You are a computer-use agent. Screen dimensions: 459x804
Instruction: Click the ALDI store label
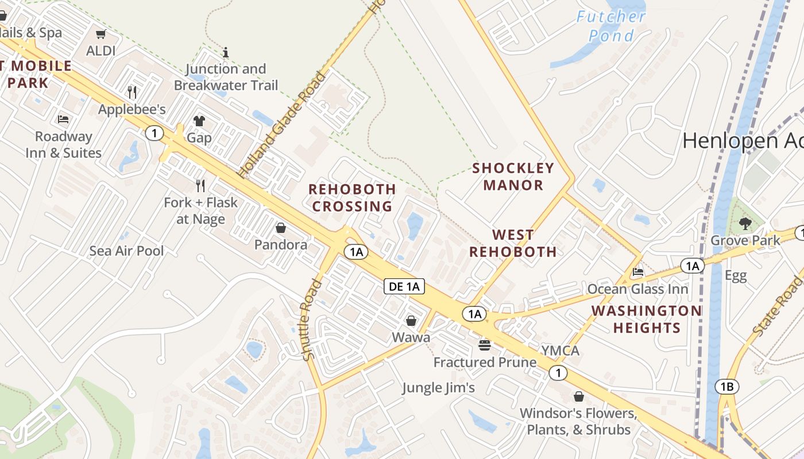tap(100, 51)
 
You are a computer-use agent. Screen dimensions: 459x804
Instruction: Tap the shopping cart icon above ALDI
tap(101, 34)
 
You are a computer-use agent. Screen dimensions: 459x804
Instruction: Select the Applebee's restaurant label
tap(132, 109)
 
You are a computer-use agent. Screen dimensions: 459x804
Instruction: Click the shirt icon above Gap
tap(199, 121)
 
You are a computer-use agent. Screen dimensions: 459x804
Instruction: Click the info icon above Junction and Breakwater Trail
tap(226, 53)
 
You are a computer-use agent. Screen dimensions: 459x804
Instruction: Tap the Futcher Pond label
tap(611, 26)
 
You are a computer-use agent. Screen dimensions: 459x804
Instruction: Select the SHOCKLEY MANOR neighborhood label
tap(513, 176)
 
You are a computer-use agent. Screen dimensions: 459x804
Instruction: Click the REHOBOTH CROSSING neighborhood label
tap(352, 197)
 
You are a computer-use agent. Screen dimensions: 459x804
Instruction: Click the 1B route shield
tap(726, 387)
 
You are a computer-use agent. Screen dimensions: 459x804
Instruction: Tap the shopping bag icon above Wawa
tap(411, 321)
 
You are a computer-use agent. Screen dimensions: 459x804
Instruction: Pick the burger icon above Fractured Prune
tap(485, 345)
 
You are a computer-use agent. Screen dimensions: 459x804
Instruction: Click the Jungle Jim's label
tap(438, 388)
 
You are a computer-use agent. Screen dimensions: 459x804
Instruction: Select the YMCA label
tap(560, 351)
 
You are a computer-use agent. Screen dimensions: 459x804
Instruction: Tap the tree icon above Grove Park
tap(745, 223)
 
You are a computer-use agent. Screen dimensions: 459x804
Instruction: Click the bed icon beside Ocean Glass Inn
tap(637, 272)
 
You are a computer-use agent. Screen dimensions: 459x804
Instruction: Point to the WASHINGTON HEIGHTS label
tap(646, 319)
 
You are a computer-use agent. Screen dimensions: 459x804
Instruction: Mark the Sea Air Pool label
tap(126, 251)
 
